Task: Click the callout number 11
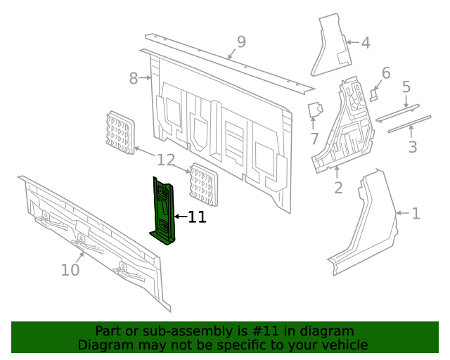pyautogui.click(x=198, y=217)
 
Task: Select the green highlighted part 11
pyautogui.click(x=163, y=211)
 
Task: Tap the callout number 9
pyautogui.click(x=241, y=43)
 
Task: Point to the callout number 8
pyautogui.click(x=134, y=79)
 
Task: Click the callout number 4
pyautogui.click(x=365, y=43)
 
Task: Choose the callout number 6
pyautogui.click(x=385, y=73)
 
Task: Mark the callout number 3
pyautogui.click(x=413, y=147)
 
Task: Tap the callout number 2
pyautogui.click(x=338, y=188)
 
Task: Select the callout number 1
pyautogui.click(x=416, y=213)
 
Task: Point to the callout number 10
pyautogui.click(x=70, y=269)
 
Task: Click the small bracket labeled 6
pyautogui.click(x=374, y=94)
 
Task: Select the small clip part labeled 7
pyautogui.click(x=314, y=110)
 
